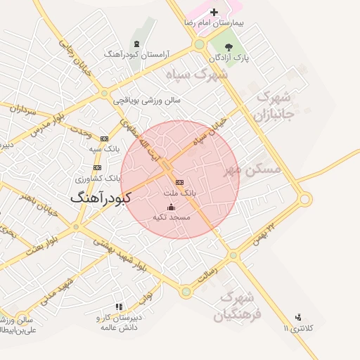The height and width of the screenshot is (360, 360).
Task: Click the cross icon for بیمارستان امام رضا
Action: point(214,12)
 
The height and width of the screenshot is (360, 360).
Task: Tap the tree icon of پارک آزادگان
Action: point(229,47)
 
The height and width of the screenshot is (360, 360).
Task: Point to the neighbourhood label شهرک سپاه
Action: point(197,72)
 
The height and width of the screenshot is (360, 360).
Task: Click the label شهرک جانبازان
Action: point(274,103)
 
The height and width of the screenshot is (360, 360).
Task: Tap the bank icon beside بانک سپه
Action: point(105,139)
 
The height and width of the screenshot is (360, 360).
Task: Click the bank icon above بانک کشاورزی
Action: point(97,167)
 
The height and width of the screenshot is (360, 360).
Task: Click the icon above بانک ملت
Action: point(179,181)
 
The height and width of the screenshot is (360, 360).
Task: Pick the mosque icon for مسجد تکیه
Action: point(171,207)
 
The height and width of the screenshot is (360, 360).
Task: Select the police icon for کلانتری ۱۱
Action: point(298,317)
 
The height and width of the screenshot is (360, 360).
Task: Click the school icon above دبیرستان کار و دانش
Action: point(119,307)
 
